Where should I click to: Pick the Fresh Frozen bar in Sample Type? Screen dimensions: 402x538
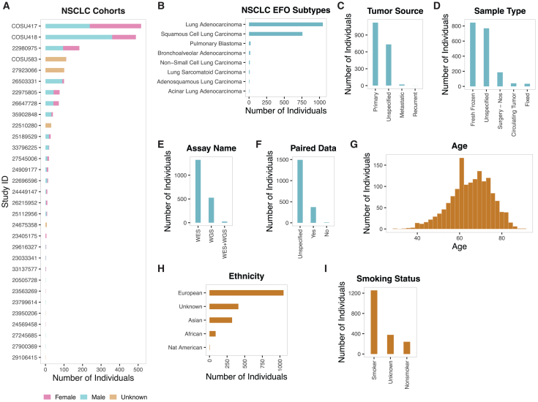pyautogui.click(x=472, y=54)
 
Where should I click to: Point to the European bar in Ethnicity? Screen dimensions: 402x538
pyautogui.click(x=247, y=292)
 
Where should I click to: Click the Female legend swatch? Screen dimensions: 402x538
pyautogui.click(x=46, y=397)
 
